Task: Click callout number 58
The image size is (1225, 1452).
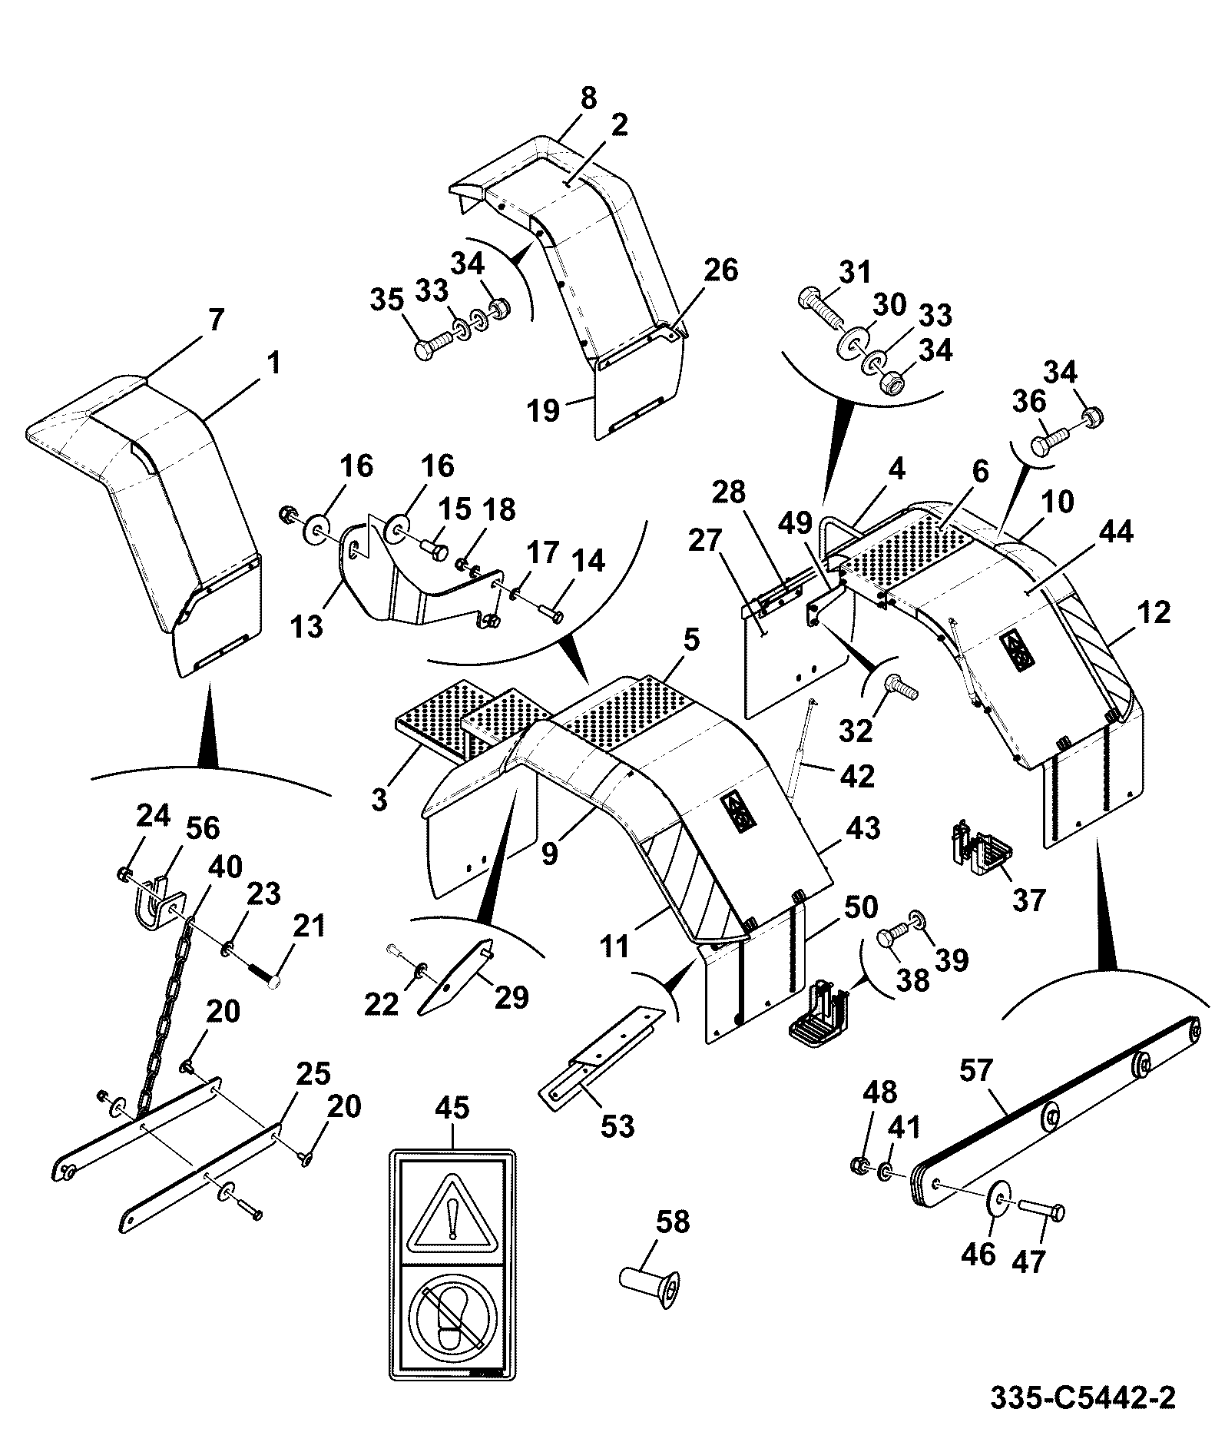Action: (x=672, y=1222)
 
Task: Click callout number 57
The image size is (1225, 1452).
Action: (x=976, y=1071)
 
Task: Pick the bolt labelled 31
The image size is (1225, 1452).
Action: (x=822, y=307)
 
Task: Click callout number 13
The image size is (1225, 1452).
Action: (x=307, y=627)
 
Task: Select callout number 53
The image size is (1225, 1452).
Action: (x=617, y=1125)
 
